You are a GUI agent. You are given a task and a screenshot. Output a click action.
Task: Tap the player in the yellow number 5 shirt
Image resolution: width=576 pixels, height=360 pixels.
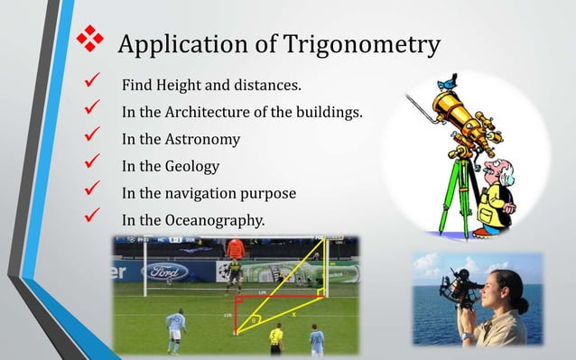tap(275, 339)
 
